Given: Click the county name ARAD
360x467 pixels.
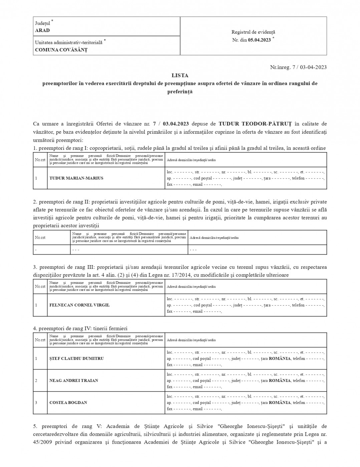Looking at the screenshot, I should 42,30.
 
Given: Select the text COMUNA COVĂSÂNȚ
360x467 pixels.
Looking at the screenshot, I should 61,50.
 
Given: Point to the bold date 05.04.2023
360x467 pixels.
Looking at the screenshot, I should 259,40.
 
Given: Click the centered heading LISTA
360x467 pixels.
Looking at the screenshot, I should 180,75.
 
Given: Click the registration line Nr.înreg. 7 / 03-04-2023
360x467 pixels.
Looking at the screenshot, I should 298,67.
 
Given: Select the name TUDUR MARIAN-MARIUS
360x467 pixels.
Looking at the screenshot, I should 76,178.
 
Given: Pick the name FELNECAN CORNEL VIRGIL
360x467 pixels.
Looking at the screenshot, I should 79,305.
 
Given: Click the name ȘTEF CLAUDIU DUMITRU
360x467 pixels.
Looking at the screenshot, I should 76,359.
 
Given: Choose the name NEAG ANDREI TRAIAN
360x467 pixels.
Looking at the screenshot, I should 74,381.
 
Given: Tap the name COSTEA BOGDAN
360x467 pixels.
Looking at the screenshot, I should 68,403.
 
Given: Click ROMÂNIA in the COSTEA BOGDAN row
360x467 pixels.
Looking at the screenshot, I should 280,403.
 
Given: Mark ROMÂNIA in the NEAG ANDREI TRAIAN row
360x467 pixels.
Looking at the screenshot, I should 280,381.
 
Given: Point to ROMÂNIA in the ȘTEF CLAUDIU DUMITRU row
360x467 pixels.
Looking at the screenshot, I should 280,359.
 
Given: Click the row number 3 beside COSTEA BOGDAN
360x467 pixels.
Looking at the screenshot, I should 36,403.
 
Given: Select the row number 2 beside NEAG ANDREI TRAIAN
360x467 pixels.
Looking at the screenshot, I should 36,381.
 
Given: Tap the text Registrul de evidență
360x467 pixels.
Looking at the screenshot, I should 253,32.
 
